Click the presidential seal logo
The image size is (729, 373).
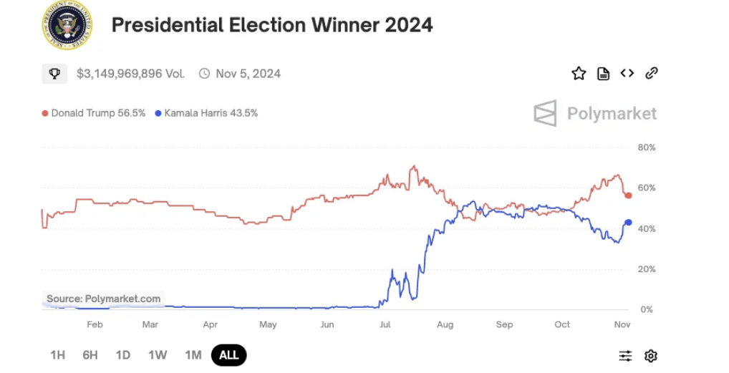click(67, 26)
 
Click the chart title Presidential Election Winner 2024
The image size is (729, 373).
click(272, 25)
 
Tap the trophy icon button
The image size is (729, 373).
click(54, 73)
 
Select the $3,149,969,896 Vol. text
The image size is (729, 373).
click(130, 73)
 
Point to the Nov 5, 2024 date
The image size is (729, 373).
click(248, 73)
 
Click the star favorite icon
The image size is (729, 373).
click(579, 73)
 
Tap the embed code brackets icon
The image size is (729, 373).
click(627, 73)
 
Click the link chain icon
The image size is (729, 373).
click(652, 73)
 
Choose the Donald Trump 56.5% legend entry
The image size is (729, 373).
click(94, 113)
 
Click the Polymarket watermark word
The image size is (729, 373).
click(612, 113)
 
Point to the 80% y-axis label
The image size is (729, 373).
click(647, 147)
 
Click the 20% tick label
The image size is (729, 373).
click(647, 269)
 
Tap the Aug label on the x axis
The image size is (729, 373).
click(445, 324)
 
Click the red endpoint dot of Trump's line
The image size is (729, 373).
click(628, 195)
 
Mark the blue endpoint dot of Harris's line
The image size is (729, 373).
click(628, 223)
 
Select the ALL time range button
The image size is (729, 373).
click(229, 355)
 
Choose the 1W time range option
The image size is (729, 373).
click(158, 355)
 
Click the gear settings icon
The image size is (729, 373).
click(650, 356)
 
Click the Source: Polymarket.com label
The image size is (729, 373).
click(104, 299)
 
